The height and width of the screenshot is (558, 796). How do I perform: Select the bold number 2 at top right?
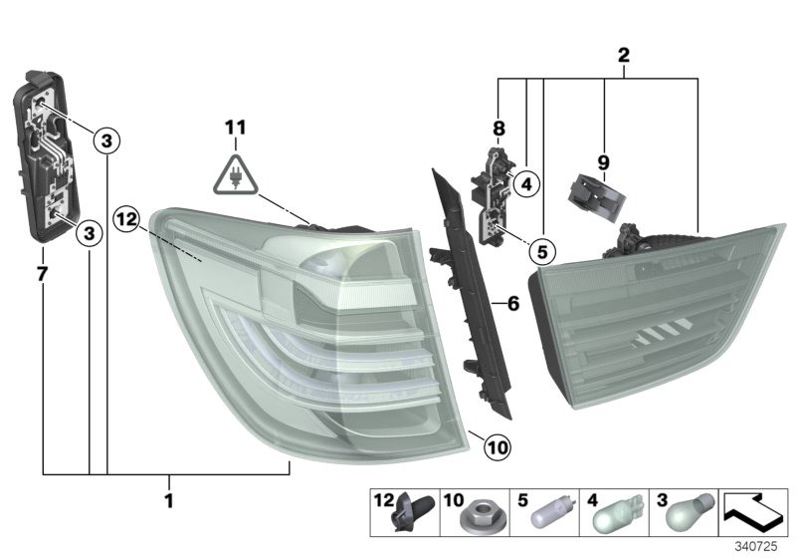[x=624, y=57]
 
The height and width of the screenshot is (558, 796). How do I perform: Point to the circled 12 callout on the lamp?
[x=126, y=216]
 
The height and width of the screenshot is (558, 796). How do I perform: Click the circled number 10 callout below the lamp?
[x=497, y=448]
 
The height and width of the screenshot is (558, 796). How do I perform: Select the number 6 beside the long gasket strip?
[x=513, y=303]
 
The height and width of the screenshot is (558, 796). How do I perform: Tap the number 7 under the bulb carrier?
[x=42, y=271]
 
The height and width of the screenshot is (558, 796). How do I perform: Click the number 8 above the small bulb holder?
[x=498, y=128]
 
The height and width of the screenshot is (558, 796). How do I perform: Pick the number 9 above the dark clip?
[x=603, y=161]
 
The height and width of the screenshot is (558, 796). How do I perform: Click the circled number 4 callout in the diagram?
[x=525, y=183]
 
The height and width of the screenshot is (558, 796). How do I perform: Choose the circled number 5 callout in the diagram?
[x=540, y=250]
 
